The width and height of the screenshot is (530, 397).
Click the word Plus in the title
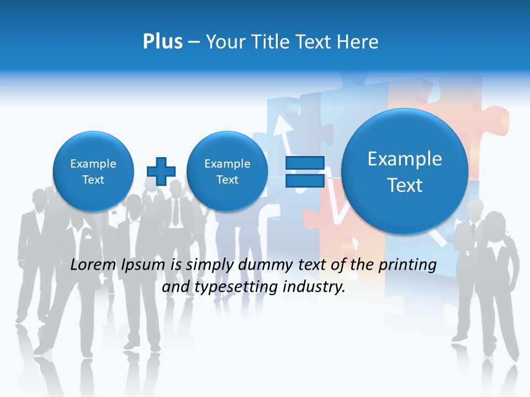click(x=162, y=41)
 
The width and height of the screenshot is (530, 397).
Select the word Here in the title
click(x=358, y=41)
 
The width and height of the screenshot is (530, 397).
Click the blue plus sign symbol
click(x=161, y=171)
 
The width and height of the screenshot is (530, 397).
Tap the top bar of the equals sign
click(x=305, y=163)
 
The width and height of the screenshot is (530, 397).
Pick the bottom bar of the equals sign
click(x=305, y=180)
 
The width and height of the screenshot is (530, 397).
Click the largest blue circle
click(x=405, y=171)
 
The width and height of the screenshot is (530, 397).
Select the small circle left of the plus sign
click(x=93, y=171)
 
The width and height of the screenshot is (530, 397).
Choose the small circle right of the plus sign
click(x=227, y=171)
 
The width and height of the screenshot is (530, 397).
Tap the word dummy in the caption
click(x=263, y=265)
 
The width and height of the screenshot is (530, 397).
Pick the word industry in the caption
click(x=314, y=287)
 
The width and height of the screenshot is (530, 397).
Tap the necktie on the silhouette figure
click(x=175, y=212)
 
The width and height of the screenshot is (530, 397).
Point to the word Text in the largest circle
click(x=405, y=185)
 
